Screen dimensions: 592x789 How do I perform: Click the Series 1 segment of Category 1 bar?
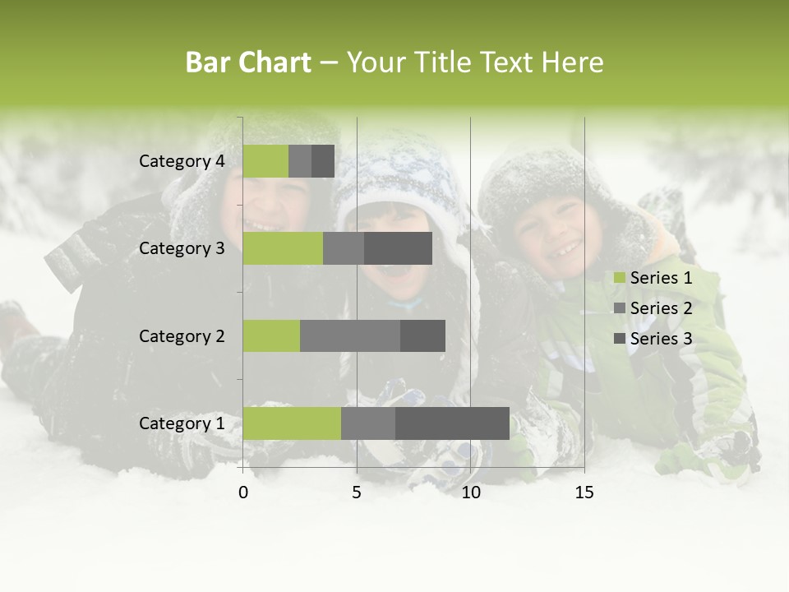pos(292,423)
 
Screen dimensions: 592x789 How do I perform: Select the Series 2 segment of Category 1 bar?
pos(368,423)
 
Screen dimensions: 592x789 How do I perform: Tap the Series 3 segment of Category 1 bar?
pos(452,423)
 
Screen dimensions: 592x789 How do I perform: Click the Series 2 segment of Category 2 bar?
pos(350,335)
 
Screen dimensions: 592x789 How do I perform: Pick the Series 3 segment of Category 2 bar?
pos(422,335)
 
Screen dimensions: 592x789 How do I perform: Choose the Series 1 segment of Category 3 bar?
pos(283,248)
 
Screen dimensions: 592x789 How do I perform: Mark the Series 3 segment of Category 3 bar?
pos(398,248)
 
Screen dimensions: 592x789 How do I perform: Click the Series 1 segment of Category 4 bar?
pos(265,161)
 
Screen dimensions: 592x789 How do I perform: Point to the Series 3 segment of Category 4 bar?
pos(323,161)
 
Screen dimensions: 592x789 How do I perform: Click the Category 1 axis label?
pos(182,423)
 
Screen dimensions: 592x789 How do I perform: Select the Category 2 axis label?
pos(182,335)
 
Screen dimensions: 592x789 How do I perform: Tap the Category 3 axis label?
pos(182,248)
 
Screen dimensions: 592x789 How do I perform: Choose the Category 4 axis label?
pos(182,161)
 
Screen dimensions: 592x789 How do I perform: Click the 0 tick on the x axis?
pos(243,493)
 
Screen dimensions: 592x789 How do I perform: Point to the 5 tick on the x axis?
pos(357,493)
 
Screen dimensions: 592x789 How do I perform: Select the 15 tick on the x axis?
pos(584,493)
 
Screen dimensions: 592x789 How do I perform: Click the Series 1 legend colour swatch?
pos(619,279)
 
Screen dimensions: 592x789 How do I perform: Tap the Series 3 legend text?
pos(661,339)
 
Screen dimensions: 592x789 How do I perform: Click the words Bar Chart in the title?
pos(248,62)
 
